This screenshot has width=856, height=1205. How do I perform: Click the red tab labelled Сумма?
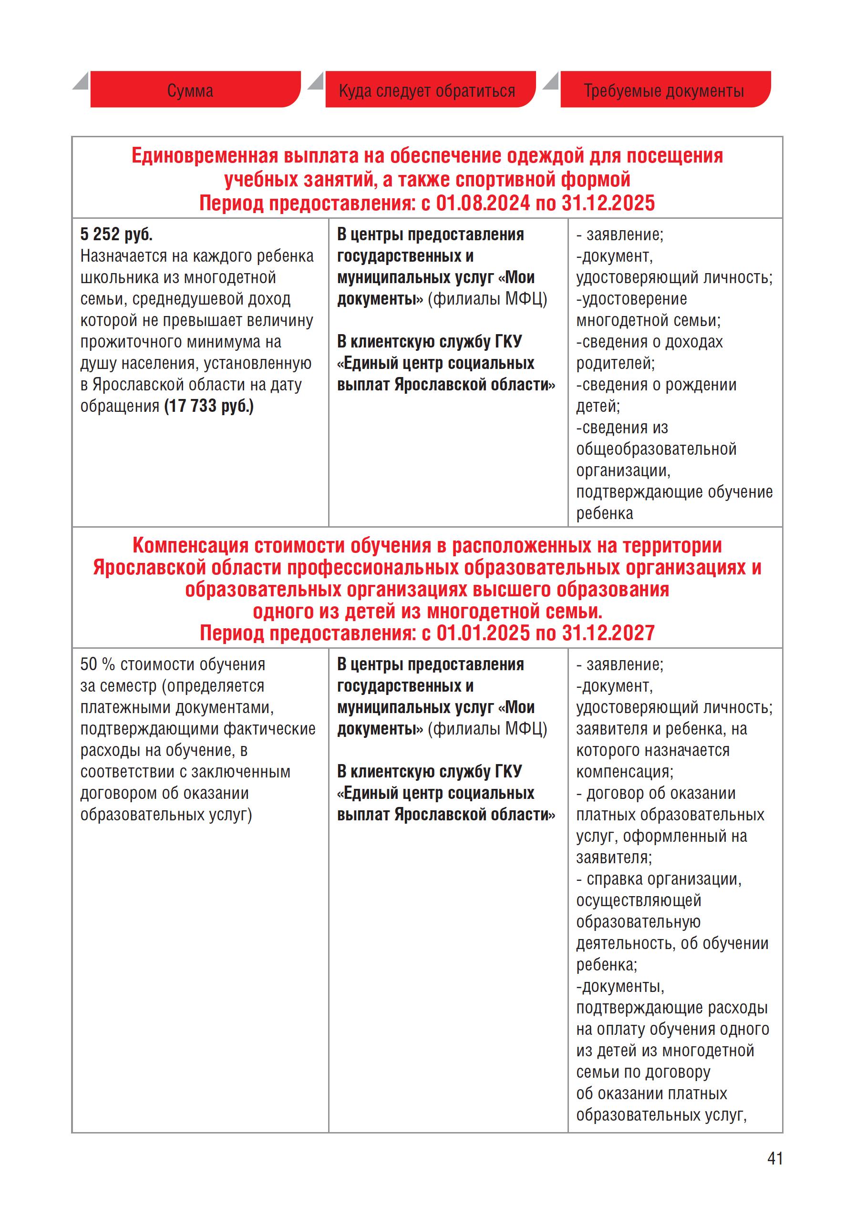click(190, 91)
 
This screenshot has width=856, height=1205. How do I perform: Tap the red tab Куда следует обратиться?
click(427, 91)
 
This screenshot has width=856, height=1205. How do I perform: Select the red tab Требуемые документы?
click(664, 91)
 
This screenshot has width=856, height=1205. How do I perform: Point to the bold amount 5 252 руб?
click(116, 235)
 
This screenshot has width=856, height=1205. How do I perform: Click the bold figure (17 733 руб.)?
click(209, 406)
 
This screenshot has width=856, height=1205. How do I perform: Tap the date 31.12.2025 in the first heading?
click(608, 203)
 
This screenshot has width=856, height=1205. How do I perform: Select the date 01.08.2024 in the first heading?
click(482, 203)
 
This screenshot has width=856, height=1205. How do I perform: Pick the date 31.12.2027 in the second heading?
click(608, 633)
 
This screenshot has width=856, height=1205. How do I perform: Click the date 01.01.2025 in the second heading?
click(483, 633)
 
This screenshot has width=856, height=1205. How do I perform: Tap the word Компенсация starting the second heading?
click(190, 546)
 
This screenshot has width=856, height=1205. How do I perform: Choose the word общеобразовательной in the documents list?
click(656, 449)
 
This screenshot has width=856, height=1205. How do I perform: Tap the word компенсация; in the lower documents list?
click(625, 772)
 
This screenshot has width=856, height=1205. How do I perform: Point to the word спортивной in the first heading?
click(505, 180)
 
